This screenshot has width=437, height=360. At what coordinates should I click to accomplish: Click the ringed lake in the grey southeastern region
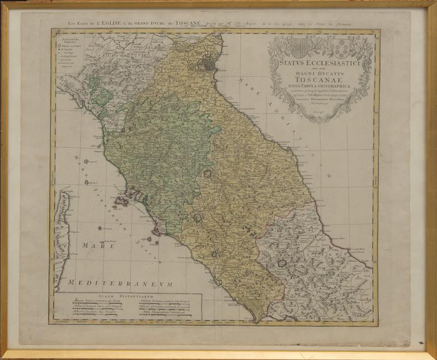281,263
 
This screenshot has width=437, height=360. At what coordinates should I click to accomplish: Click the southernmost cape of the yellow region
260,317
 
